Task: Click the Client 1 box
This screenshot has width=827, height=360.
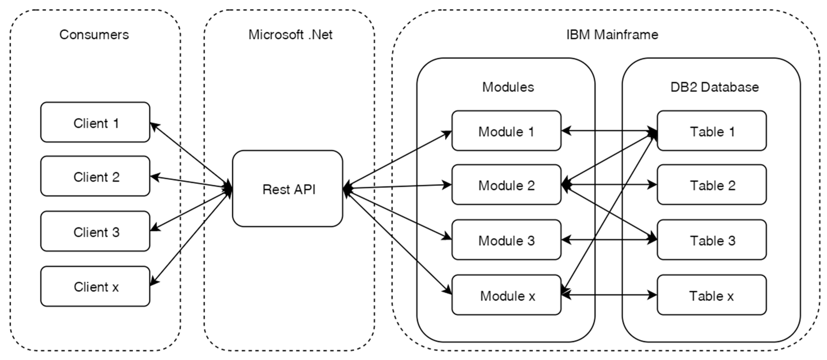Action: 95,122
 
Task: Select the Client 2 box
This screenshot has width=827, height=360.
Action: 95,176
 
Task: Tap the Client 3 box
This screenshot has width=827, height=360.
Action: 95,231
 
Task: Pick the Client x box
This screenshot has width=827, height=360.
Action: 95,286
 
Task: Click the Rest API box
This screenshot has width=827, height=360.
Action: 287,189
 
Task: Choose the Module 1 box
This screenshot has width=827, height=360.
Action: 506,131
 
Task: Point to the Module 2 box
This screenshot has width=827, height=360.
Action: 506,185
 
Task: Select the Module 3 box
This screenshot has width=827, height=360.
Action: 506,240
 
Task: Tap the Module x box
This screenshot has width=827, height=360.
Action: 506,295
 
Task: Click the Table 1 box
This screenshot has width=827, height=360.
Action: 712,131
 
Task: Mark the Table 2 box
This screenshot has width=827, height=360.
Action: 712,185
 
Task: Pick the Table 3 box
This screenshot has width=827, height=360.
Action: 712,240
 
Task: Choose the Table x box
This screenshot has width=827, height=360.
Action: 712,295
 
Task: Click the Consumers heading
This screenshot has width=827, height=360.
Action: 94,35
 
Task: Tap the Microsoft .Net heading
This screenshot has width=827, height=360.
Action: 290,35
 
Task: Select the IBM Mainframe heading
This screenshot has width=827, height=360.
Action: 612,35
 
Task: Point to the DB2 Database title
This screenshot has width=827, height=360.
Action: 714,87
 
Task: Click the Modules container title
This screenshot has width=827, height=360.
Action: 508,87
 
